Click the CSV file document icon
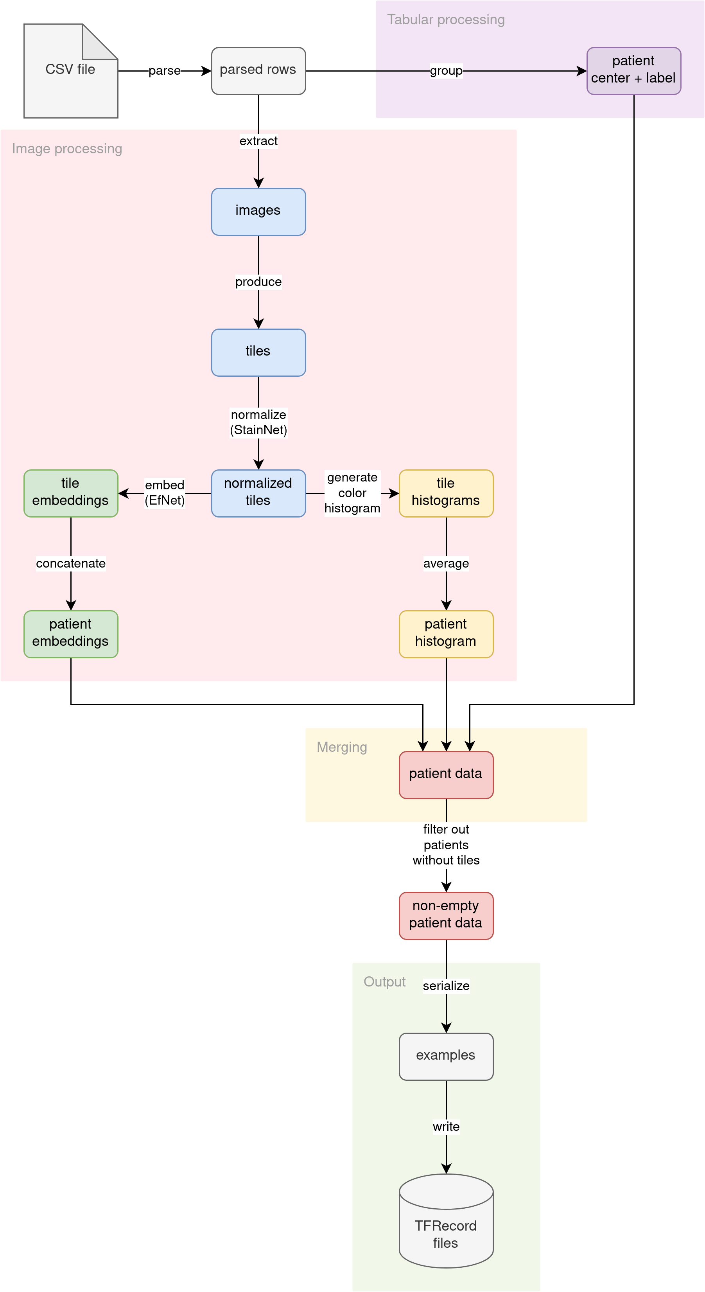[x=71, y=71]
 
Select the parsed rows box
[x=258, y=71]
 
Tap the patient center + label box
[x=633, y=71]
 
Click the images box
[x=258, y=212]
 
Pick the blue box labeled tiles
[x=258, y=352]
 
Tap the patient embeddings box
[x=71, y=634]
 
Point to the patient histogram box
[x=446, y=634]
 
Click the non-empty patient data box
[x=446, y=915]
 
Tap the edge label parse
[x=165, y=71]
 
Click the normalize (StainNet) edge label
[x=258, y=422]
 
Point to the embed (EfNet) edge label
[x=165, y=492]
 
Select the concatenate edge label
[x=71, y=563]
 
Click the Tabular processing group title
[x=446, y=20]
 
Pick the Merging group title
[x=342, y=748]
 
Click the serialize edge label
[x=446, y=986]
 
